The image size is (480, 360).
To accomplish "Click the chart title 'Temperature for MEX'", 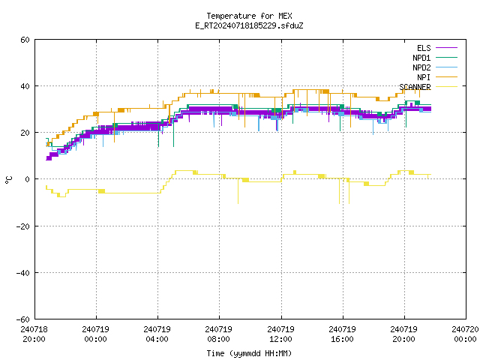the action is pyautogui.click(x=249, y=16).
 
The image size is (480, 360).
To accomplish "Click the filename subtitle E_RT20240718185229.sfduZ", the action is pyautogui.click(x=249, y=25).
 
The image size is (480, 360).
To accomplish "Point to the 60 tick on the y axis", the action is pyautogui.click(x=25, y=40).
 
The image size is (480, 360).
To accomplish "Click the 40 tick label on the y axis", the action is pyautogui.click(x=25, y=86).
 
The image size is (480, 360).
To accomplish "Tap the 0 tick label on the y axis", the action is pyautogui.click(x=28, y=179).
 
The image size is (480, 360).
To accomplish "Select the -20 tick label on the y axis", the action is pyautogui.click(x=23, y=226).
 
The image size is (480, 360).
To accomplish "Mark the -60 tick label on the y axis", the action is pyautogui.click(x=23, y=319).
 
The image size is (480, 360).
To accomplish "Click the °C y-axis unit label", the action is pyautogui.click(x=9, y=180).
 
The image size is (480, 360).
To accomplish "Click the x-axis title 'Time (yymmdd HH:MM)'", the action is pyautogui.click(x=249, y=353).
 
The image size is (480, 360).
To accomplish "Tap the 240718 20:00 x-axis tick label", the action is pyautogui.click(x=34, y=334).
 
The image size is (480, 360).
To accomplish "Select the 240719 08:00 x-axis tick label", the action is pyautogui.click(x=218, y=334).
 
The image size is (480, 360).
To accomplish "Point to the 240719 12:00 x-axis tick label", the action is pyautogui.click(x=280, y=334).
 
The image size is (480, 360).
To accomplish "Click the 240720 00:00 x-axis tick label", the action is pyautogui.click(x=465, y=334).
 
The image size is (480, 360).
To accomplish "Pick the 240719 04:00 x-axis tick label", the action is pyautogui.click(x=157, y=334).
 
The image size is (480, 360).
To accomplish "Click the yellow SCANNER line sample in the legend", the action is pyautogui.click(x=446, y=87).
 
